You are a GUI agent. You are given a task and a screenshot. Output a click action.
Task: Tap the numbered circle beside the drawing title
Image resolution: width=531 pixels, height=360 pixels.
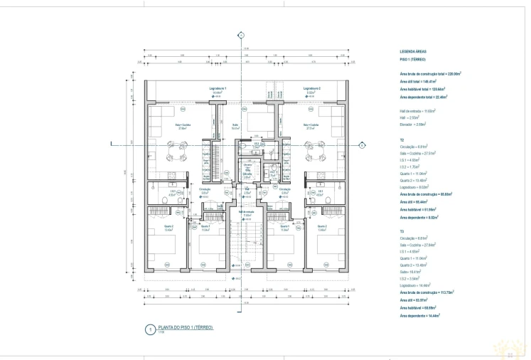(x=149, y=329)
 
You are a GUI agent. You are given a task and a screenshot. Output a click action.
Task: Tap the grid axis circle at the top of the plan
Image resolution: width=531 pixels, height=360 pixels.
(x=241, y=35)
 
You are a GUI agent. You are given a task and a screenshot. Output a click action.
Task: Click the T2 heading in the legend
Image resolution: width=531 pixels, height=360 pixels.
(x=402, y=140)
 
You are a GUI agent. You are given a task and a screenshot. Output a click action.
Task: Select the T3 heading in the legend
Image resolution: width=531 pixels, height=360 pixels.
(x=402, y=231)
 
